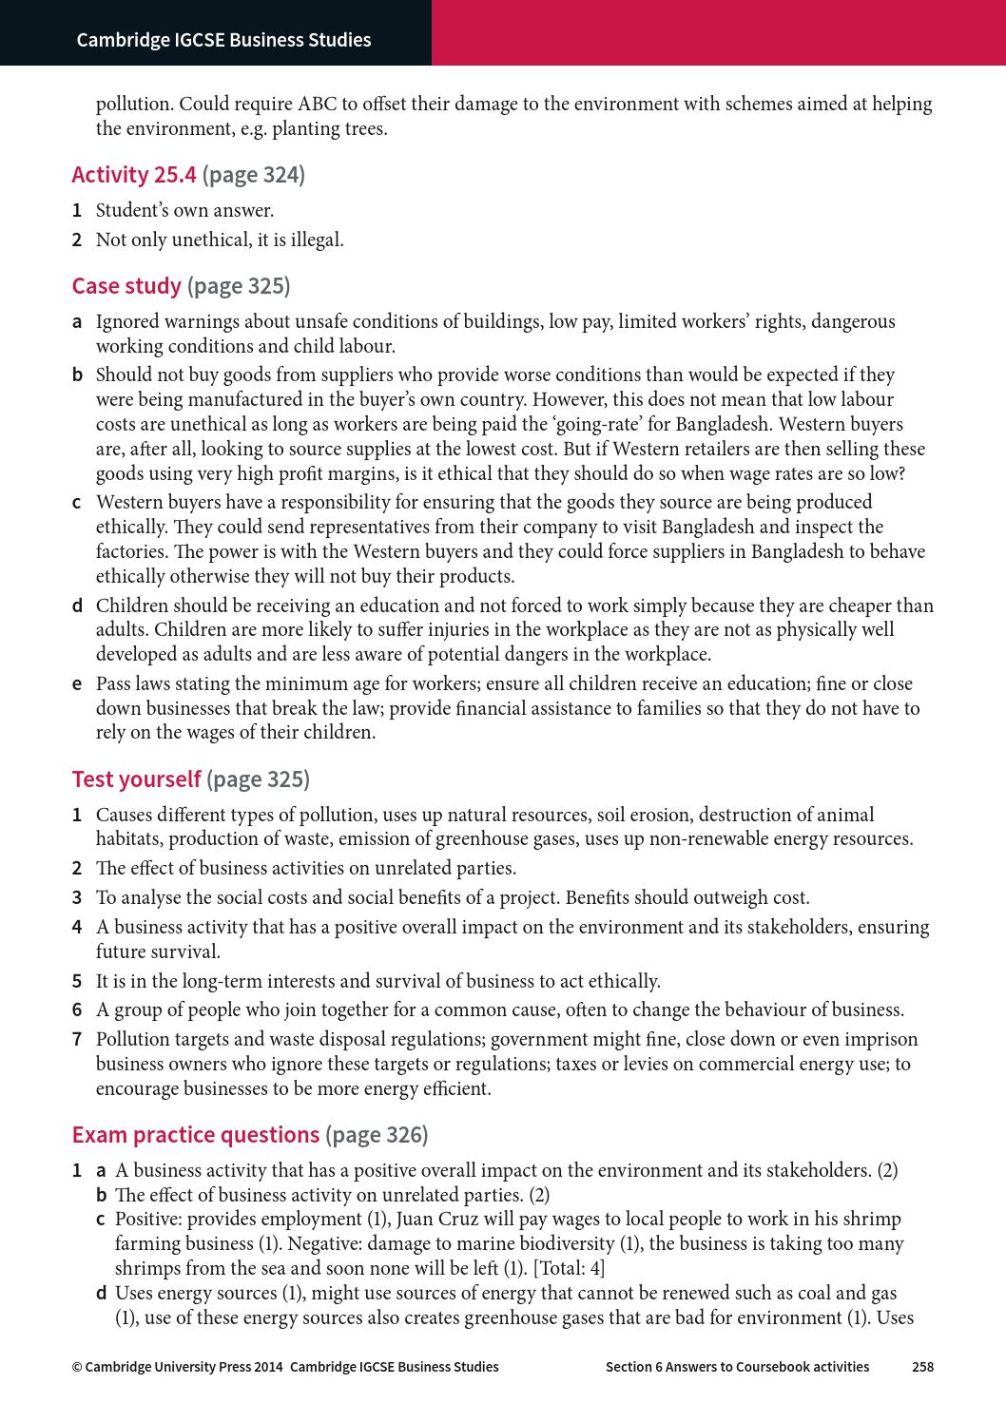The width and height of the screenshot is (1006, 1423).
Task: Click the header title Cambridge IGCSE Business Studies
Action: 223,40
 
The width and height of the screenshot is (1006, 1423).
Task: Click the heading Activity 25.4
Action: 134,175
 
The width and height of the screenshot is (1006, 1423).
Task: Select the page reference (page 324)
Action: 254,175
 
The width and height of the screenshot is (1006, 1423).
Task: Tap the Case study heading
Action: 126,286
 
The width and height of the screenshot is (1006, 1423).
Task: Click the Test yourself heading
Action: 136,779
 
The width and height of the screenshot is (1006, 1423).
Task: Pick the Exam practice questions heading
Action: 196,1135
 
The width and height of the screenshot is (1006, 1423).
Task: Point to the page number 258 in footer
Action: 922,1367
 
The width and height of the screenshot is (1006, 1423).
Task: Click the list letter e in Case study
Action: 76,684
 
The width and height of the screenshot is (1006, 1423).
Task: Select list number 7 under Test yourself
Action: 76,1040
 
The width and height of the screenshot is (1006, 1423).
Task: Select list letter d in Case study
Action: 76,606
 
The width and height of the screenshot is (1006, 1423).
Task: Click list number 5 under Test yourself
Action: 76,981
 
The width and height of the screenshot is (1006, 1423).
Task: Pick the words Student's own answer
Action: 184,211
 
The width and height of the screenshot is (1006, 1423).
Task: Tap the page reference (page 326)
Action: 377,1135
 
